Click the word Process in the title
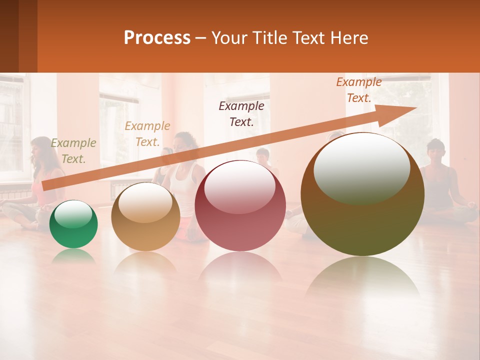pyautogui.click(x=157, y=38)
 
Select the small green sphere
pyautogui.click(x=73, y=224)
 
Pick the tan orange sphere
pyautogui.click(x=145, y=217)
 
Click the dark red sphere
pyautogui.click(x=240, y=206)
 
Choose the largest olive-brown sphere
pyautogui.click(x=362, y=194)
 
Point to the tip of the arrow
pyautogui.click(x=415, y=108)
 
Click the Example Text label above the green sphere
pyautogui.click(x=73, y=151)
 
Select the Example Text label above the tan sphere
pyautogui.click(x=147, y=134)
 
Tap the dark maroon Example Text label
pyautogui.click(x=241, y=113)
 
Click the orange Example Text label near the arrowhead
pyautogui.click(x=358, y=90)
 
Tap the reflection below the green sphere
pyautogui.click(x=73, y=256)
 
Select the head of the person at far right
pyautogui.click(x=435, y=150)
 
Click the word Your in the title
pyautogui.click(x=228, y=38)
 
